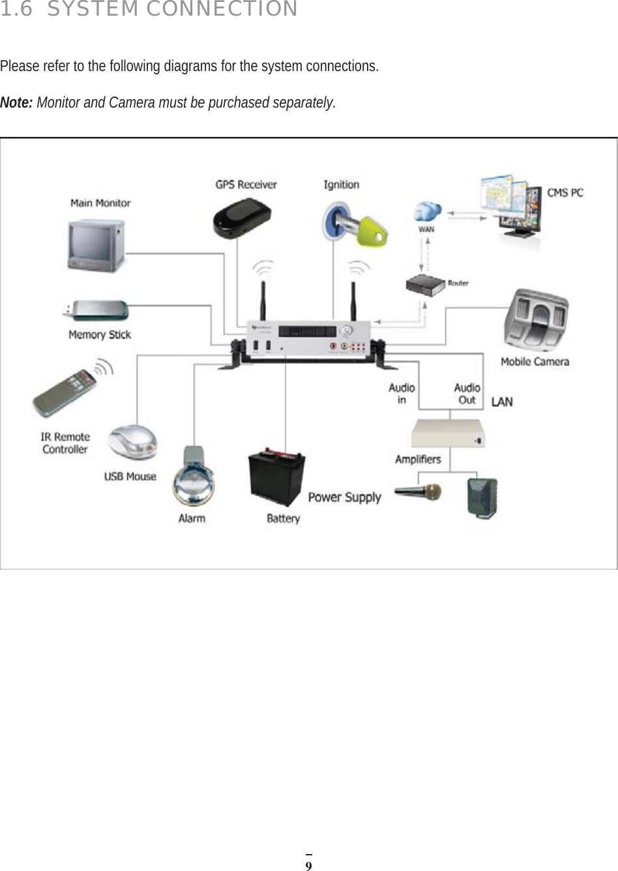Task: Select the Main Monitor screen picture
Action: (96, 244)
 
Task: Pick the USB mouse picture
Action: (132, 443)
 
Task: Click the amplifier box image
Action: (448, 434)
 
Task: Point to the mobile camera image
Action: (536, 321)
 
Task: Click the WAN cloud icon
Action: (426, 211)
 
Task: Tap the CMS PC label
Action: (565, 193)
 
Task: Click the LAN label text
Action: (501, 402)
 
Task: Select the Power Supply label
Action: (344, 497)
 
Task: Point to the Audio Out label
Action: (467, 394)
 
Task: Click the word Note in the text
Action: (16, 103)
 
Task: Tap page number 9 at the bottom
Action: (309, 866)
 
